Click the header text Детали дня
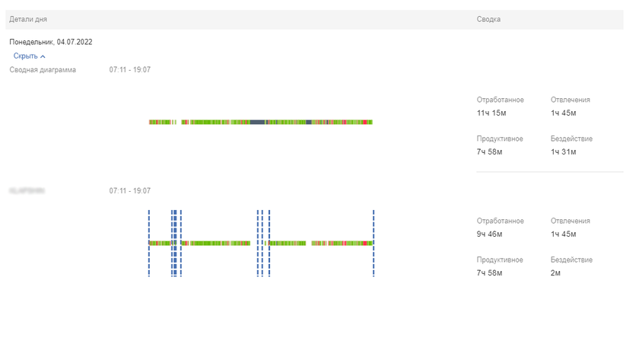click(27, 19)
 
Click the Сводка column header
click(488, 19)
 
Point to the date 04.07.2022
click(75, 42)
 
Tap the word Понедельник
click(31, 42)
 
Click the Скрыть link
click(25, 56)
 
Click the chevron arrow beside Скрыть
click(43, 56)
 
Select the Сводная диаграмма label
click(43, 70)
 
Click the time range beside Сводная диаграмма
click(129, 70)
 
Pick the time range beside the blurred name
click(129, 190)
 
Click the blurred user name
click(27, 190)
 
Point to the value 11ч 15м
click(491, 113)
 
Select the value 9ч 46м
click(490, 234)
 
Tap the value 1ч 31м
click(564, 152)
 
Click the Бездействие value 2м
click(556, 273)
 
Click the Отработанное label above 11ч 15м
click(500, 100)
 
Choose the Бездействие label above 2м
click(571, 260)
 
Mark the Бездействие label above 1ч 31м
click(571, 139)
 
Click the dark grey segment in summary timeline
click(258, 122)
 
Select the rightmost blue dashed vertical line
click(374, 243)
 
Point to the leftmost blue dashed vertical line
click(149, 243)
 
